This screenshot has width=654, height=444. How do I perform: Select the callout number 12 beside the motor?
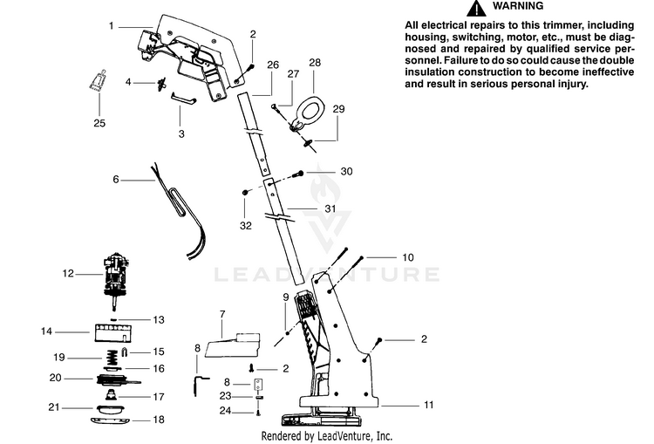(67, 273)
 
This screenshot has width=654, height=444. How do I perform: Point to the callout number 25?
(99, 123)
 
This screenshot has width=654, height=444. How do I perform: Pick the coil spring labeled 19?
(112, 357)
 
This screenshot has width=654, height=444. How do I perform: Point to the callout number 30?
(346, 171)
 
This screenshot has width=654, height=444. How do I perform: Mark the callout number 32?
(246, 225)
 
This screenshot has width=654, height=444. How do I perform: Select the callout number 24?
(225, 410)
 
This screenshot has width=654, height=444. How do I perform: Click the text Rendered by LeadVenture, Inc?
(326, 435)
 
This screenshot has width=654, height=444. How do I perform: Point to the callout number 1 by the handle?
(112, 26)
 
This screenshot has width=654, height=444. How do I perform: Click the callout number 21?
(54, 406)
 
